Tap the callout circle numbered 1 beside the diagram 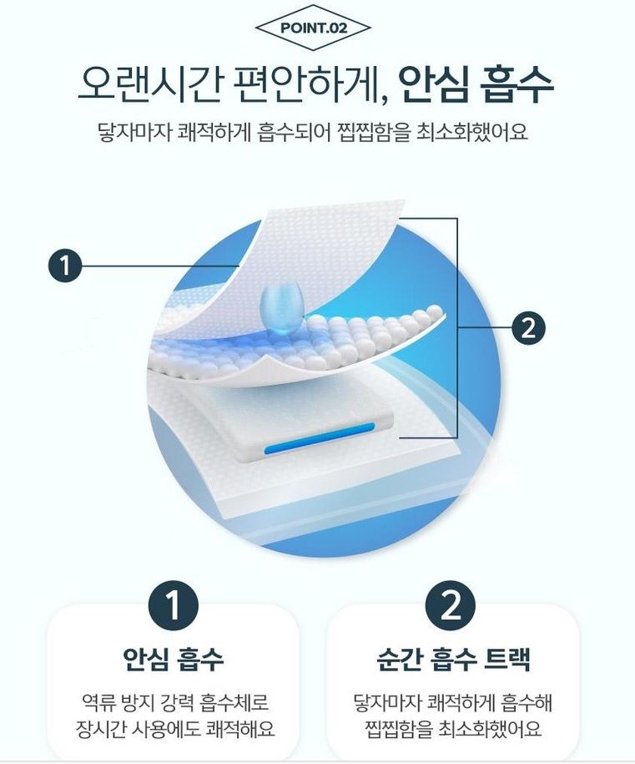tap(66, 266)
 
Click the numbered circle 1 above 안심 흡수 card tap(173, 607)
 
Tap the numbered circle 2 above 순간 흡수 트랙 tap(451, 607)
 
